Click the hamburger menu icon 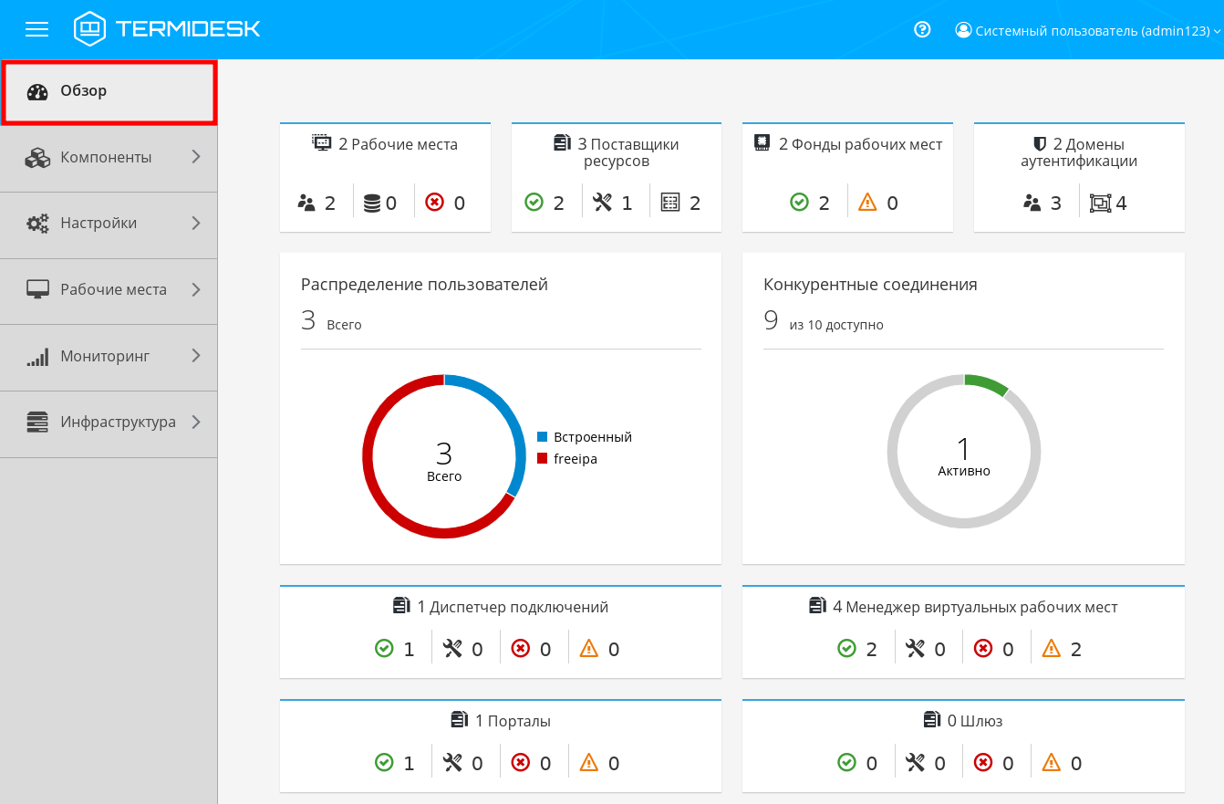(x=36, y=29)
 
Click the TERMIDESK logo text (x=187, y=29)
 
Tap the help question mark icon (x=922, y=29)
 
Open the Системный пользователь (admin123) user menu (x=1087, y=30)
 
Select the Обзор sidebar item (x=84, y=91)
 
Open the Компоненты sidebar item (x=106, y=158)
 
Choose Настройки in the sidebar (x=99, y=224)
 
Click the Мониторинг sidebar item (x=105, y=356)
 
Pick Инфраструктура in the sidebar (x=118, y=423)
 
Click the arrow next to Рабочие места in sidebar (x=196, y=289)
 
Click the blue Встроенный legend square (x=542, y=437)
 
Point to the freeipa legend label (x=576, y=459)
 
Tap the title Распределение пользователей (x=424, y=285)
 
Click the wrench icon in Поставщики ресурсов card (x=602, y=203)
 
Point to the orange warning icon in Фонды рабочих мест (x=867, y=203)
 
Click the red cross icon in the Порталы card (x=521, y=763)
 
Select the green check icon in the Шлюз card (x=846, y=763)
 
